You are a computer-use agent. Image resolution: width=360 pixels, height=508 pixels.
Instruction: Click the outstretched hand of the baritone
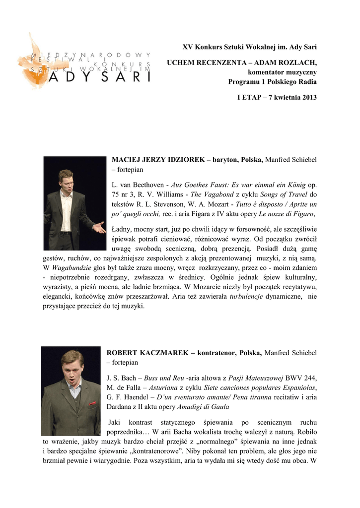point(100,228)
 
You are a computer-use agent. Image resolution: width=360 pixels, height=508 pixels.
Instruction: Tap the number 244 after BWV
point(309,378)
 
